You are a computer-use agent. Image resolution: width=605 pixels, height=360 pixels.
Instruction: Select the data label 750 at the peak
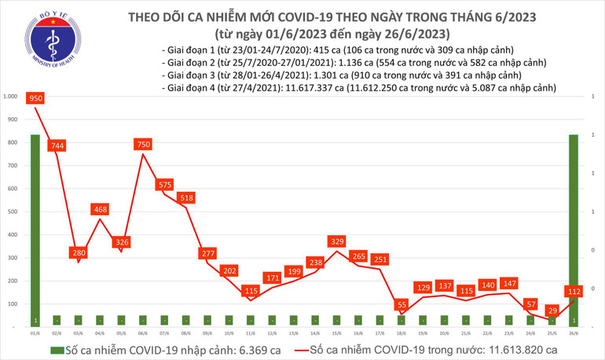pos(142,145)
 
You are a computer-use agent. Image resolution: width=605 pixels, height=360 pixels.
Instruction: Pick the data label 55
pos(401,304)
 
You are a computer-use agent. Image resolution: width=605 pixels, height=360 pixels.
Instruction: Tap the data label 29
pos(555,310)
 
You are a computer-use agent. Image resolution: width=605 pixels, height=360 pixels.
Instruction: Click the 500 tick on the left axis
pos(14,211)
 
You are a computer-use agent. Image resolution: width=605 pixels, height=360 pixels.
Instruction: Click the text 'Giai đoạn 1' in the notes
pos(185,49)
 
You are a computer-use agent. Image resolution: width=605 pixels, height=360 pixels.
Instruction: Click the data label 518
pos(186,198)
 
